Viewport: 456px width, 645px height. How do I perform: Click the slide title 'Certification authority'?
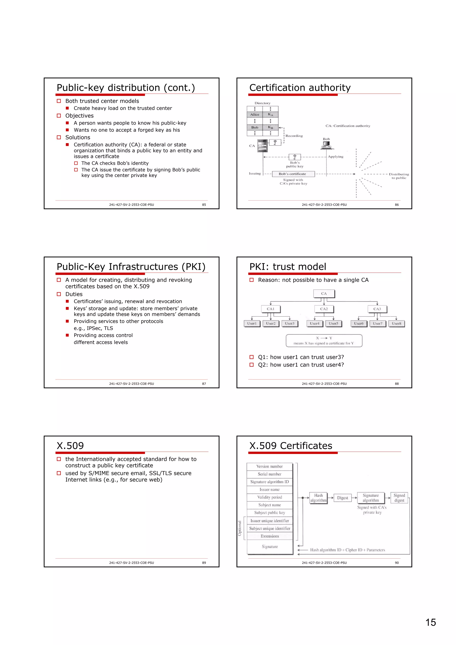300,88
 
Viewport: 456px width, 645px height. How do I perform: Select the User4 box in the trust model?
314,324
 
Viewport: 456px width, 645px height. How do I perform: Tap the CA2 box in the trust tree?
324,309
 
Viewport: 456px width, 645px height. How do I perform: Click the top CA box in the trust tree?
324,294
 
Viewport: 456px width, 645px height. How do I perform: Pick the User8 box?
396,324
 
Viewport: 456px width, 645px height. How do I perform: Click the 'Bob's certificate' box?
293,174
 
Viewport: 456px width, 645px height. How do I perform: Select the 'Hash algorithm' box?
318,498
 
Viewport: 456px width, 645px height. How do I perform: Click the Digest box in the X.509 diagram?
342,498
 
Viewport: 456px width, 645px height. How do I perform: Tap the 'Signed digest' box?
399,498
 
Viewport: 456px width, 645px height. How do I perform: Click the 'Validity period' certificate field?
269,497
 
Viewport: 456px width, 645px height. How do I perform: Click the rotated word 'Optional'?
240,528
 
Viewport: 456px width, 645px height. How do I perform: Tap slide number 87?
204,384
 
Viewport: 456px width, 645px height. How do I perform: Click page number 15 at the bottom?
430,622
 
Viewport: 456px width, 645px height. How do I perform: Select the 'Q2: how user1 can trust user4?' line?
301,365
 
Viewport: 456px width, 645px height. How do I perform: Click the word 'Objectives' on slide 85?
79,116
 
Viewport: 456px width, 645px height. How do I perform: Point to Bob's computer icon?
326,145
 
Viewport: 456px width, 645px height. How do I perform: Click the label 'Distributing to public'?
399,176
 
